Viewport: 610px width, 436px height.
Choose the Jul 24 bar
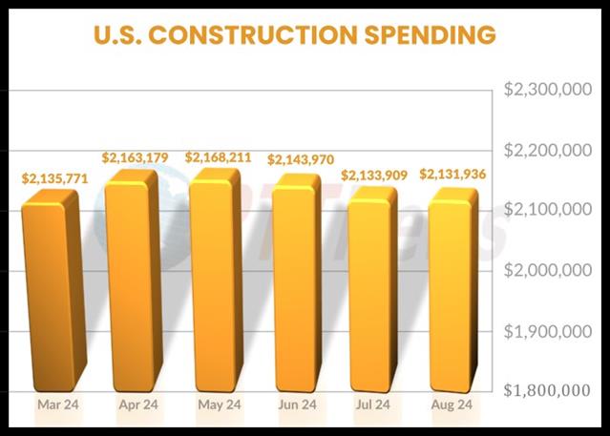coord(372,291)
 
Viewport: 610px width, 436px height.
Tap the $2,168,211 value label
coord(219,156)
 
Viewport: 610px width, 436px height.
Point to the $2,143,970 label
coord(300,159)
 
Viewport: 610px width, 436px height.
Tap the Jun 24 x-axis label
coord(296,405)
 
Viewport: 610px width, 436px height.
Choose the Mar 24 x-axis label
coord(57,405)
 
